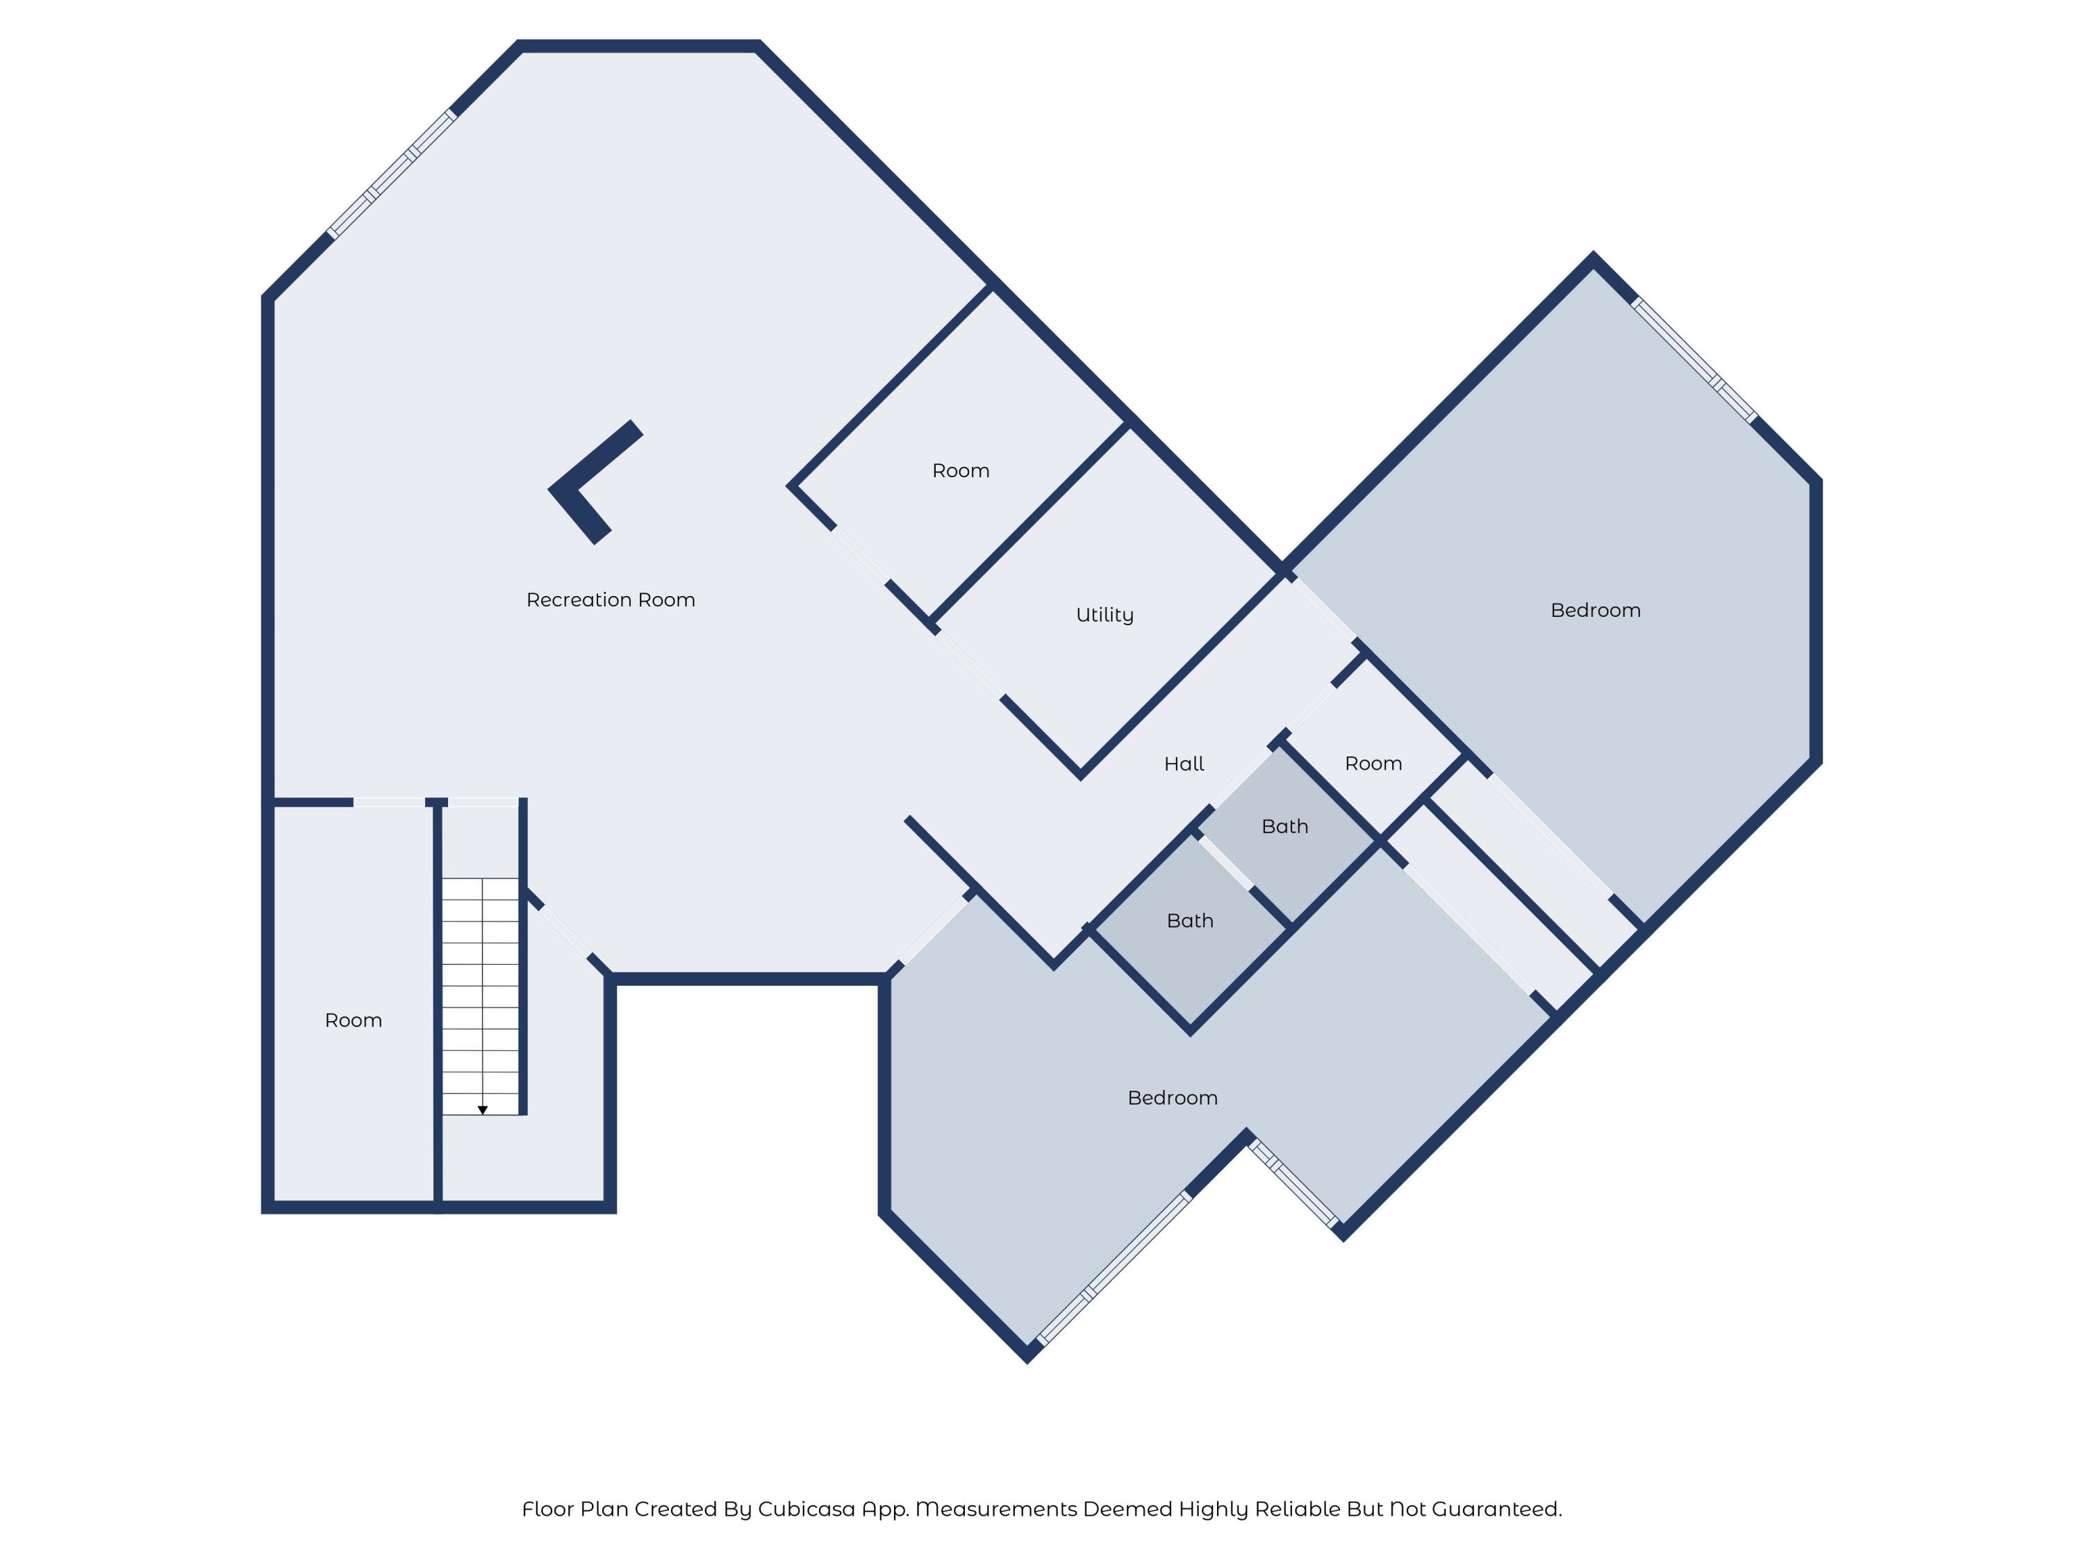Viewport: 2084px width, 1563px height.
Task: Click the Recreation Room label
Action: [x=611, y=600]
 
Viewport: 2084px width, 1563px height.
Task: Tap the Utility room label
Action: [x=1105, y=615]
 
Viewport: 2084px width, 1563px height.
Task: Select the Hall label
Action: [x=1183, y=764]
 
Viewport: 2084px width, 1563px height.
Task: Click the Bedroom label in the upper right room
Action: [x=1595, y=611]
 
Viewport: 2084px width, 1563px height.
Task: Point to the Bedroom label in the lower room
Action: [x=1172, y=1098]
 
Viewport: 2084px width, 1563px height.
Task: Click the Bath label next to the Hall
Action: [x=1284, y=826]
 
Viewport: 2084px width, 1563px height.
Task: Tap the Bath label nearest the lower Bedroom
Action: [x=1189, y=920]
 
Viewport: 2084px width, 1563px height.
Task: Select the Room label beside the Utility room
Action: [x=960, y=471]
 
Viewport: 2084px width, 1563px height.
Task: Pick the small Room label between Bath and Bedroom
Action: [x=1373, y=764]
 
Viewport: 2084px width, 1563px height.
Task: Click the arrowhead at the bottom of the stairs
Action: [x=482, y=1111]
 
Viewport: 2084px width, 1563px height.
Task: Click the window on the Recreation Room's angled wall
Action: [x=392, y=174]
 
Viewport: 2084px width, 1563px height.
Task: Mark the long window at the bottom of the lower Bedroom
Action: [x=1114, y=1268]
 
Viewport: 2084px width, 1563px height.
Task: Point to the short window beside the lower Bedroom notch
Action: [x=1293, y=1183]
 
